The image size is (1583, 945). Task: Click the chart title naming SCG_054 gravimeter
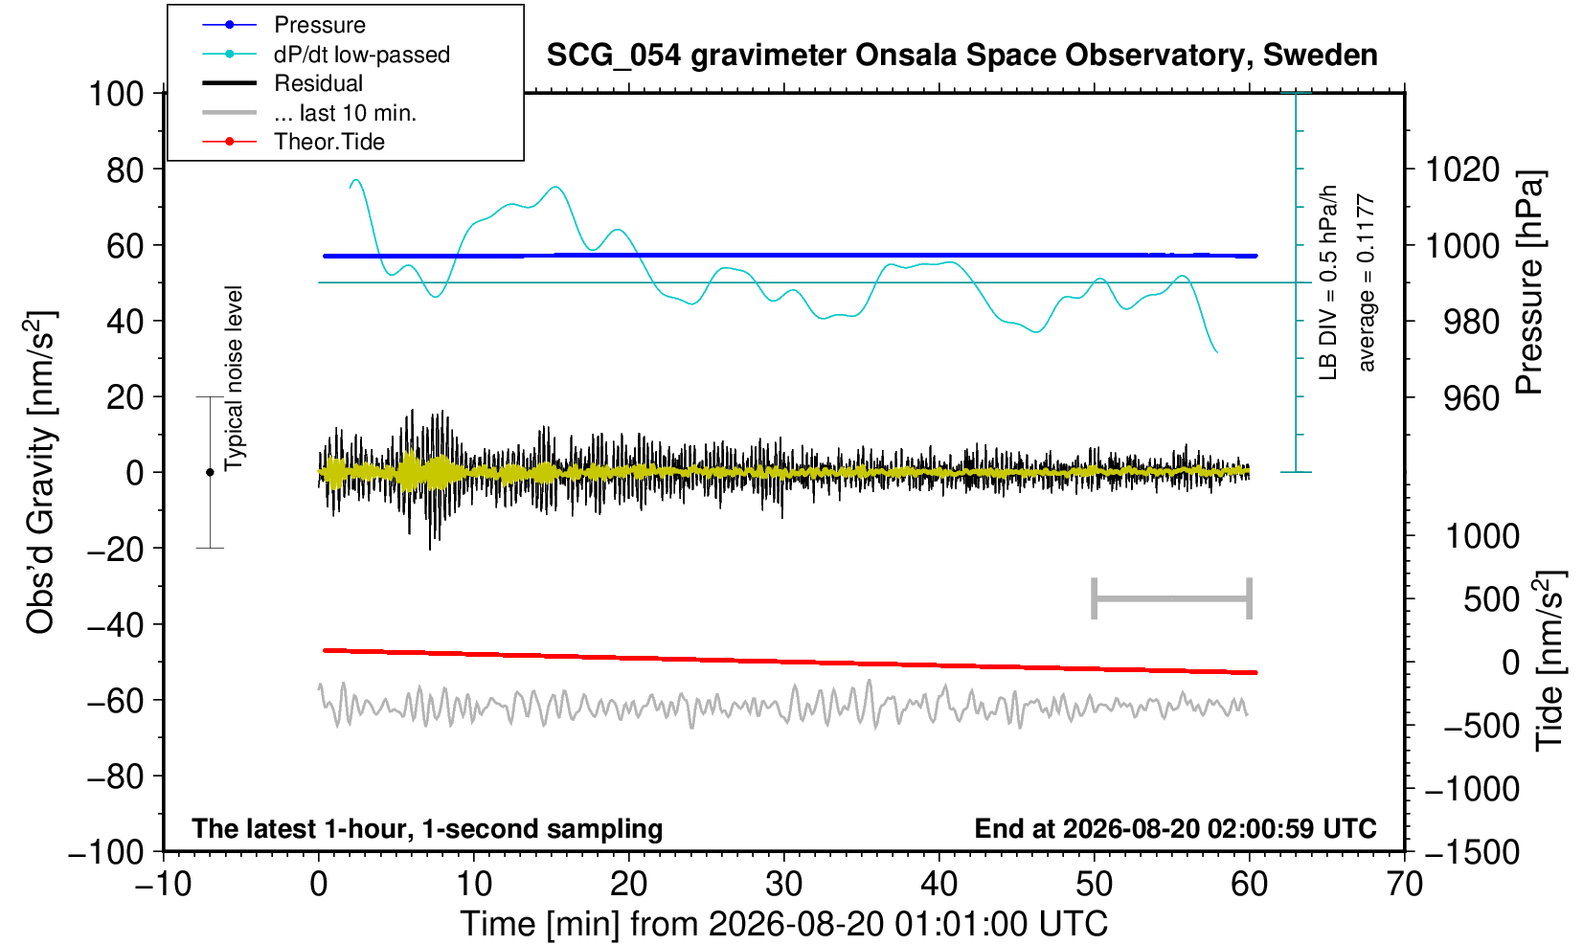tap(961, 56)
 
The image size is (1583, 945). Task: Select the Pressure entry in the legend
tap(320, 26)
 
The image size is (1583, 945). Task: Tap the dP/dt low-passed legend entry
tap(362, 55)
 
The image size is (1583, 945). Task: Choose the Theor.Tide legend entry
tap(329, 142)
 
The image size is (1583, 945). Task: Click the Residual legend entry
tap(318, 83)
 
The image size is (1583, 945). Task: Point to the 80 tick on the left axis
tap(125, 169)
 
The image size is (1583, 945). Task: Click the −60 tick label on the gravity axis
tap(115, 701)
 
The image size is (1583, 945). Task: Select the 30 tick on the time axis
tap(783, 884)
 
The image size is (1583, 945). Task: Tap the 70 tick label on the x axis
tap(1404, 884)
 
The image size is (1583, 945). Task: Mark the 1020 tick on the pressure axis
tap(1462, 169)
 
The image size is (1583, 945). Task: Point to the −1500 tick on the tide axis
tap(1472, 852)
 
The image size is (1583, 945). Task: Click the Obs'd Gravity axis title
tap(39, 472)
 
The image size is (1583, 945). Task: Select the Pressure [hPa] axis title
tap(1529, 282)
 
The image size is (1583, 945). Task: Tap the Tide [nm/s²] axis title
tap(1549, 661)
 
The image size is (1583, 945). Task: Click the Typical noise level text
tap(234, 378)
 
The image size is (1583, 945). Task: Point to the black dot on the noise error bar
tap(210, 472)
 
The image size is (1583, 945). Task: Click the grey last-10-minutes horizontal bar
tap(1172, 598)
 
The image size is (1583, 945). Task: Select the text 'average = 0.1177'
tap(1367, 282)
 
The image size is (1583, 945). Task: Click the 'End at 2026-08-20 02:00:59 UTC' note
tap(1175, 828)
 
